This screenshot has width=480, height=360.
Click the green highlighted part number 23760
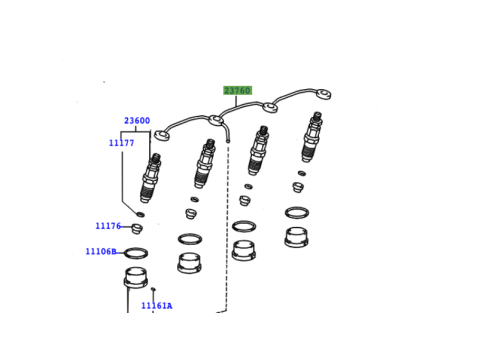[x=237, y=90]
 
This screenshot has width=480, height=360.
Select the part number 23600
[x=137, y=121]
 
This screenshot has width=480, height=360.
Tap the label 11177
[x=122, y=143]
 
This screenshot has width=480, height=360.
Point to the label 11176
[x=108, y=226]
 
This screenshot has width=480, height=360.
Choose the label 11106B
[x=101, y=251]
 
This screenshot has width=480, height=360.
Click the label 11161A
[x=157, y=306]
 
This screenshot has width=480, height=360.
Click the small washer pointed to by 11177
[x=140, y=214]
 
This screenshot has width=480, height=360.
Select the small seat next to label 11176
[x=137, y=228]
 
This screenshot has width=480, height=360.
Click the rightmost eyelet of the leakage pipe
[x=323, y=94]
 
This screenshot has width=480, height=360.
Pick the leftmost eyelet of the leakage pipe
[x=162, y=135]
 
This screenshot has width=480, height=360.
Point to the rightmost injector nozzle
[x=312, y=137]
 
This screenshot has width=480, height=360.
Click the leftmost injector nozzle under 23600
[x=151, y=178]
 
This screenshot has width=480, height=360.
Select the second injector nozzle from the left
[x=204, y=164]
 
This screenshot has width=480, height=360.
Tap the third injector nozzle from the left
[x=258, y=150]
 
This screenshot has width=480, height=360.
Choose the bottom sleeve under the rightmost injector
[x=296, y=237]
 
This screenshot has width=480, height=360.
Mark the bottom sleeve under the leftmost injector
[x=136, y=277]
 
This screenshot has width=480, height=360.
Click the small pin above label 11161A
[x=153, y=289]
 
